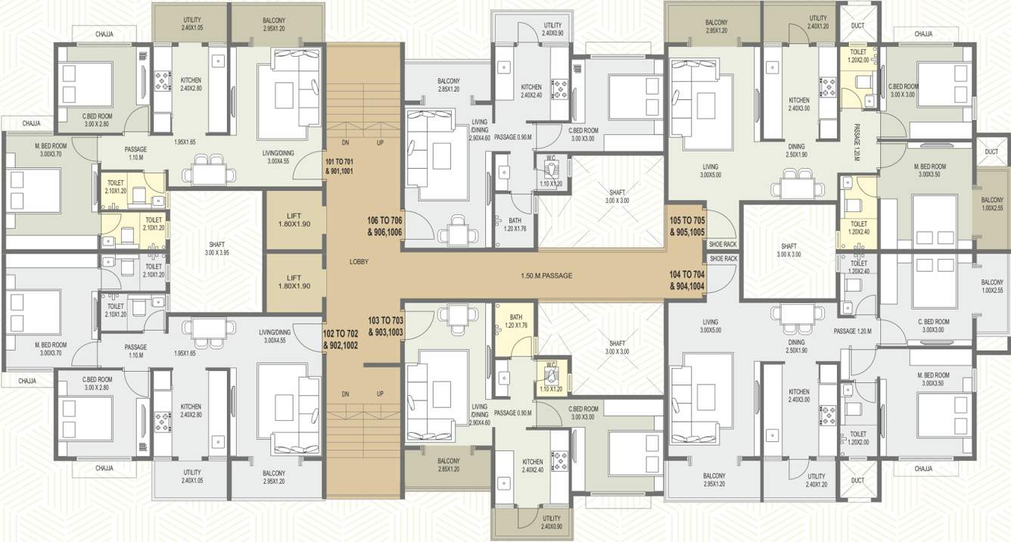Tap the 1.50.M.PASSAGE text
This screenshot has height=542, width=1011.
[546, 276]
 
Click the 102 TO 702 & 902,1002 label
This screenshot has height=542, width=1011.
[341, 339]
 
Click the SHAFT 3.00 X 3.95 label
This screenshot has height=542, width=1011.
[216, 249]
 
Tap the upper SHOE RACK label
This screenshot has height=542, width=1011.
[723, 245]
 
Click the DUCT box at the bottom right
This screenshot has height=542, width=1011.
[857, 481]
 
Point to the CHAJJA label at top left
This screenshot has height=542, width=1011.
[104, 34]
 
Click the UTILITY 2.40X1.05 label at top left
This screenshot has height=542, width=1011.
[192, 23]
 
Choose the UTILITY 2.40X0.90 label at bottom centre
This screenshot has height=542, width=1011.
[530, 522]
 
